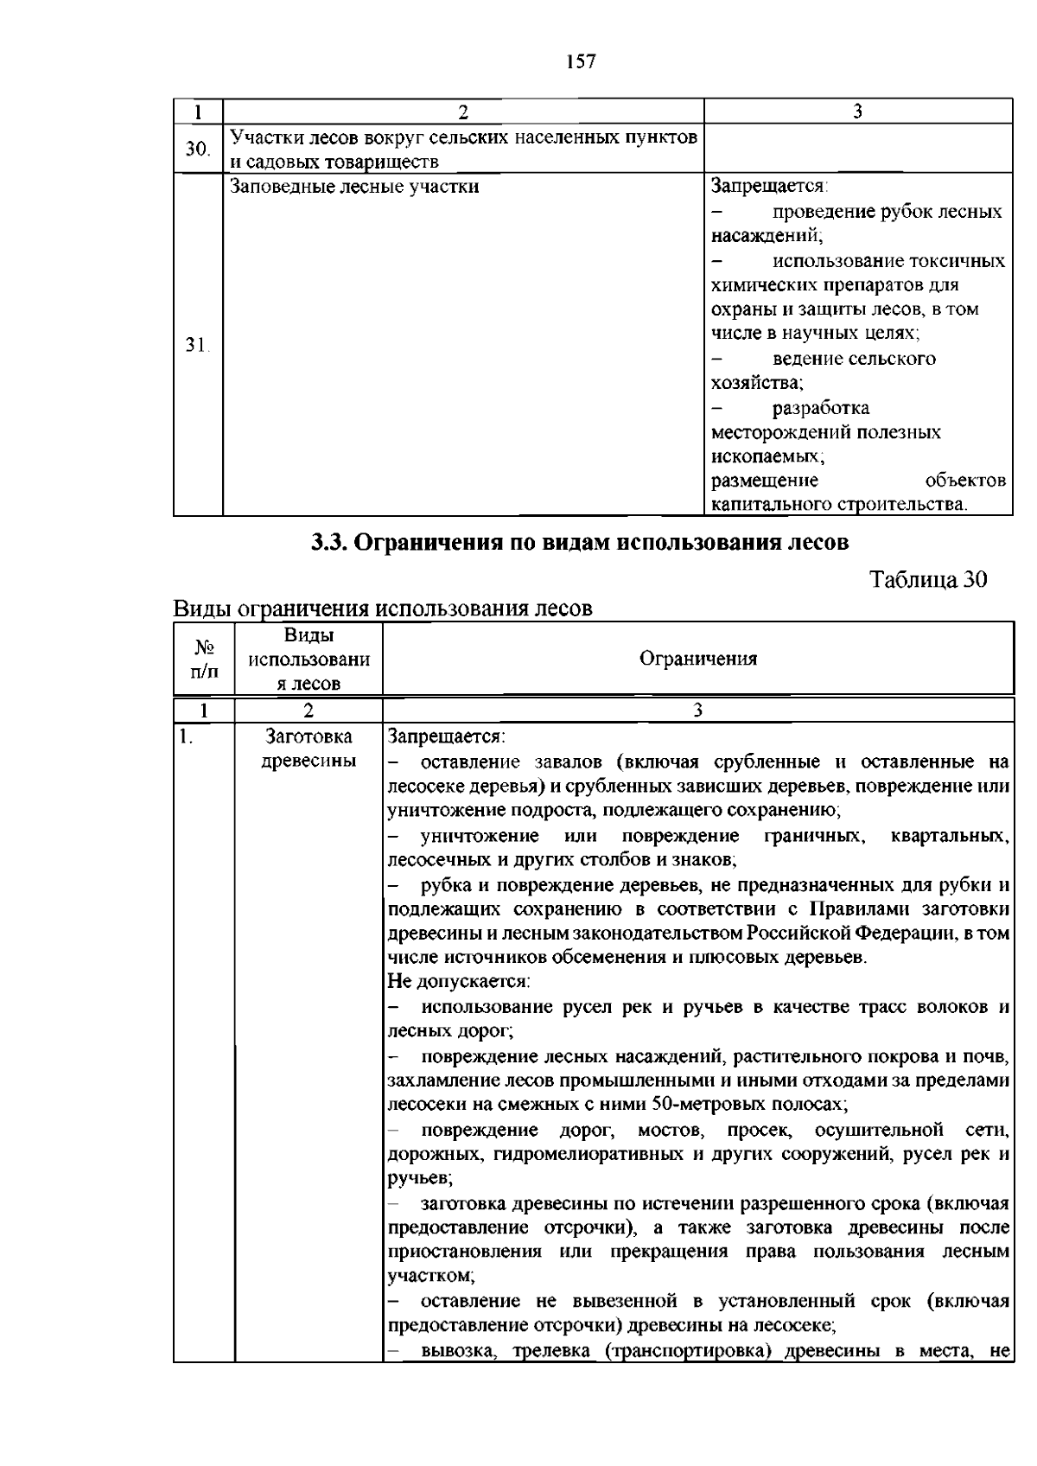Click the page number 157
(581, 61)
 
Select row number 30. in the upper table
(198, 149)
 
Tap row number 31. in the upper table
(198, 345)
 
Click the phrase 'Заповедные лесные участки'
(354, 186)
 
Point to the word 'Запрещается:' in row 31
(769, 186)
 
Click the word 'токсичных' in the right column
(963, 261)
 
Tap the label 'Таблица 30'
(927, 579)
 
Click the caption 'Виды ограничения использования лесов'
(383, 609)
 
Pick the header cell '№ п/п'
(204, 659)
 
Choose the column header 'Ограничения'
(697, 659)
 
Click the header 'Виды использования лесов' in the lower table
(309, 659)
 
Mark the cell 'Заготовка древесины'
(309, 749)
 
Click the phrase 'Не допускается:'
(458, 982)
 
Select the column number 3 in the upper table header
(857, 112)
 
